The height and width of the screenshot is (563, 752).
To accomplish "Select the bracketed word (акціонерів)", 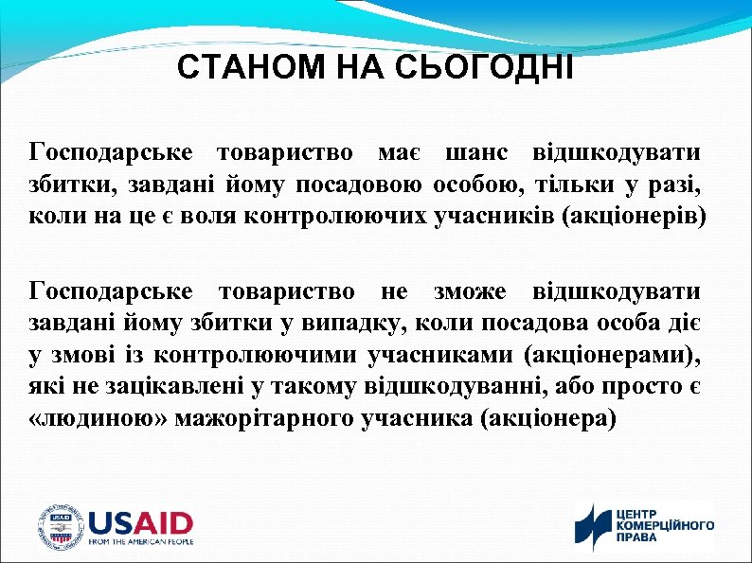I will click(634, 214).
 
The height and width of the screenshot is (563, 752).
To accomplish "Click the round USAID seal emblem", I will click(60, 526).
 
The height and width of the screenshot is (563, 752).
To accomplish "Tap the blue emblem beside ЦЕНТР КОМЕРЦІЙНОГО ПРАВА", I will click(594, 526).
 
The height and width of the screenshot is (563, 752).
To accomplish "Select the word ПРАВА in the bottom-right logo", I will click(637, 536).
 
